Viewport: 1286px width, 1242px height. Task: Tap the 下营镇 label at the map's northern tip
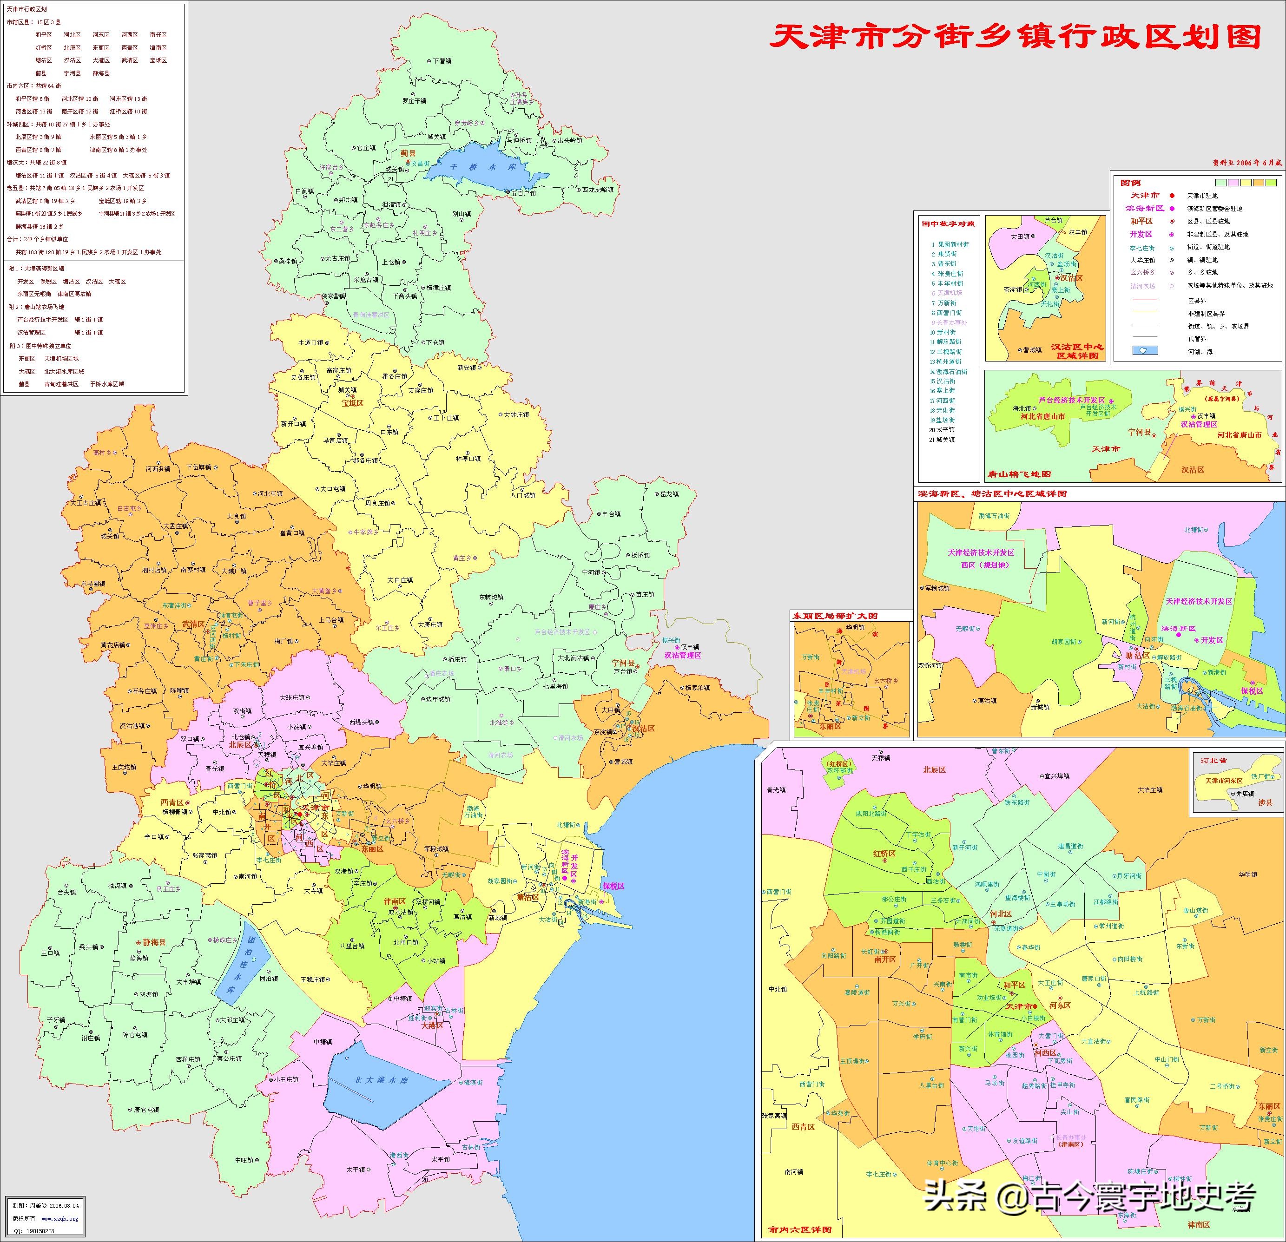pos(442,61)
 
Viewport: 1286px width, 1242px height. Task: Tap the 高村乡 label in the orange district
pos(102,453)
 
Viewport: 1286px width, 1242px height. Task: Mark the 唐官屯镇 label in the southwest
pos(146,1110)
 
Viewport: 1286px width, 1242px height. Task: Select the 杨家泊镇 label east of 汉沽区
pos(697,688)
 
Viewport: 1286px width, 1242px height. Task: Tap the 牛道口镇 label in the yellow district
pos(311,342)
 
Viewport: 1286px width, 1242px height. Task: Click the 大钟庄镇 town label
pos(516,414)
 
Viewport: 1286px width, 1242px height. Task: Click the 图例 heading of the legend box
pos(1130,183)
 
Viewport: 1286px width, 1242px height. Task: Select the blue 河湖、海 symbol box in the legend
pos(1145,351)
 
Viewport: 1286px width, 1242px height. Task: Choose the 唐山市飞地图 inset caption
pos(1018,473)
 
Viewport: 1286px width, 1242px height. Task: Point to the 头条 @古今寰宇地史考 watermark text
pos(1089,1197)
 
